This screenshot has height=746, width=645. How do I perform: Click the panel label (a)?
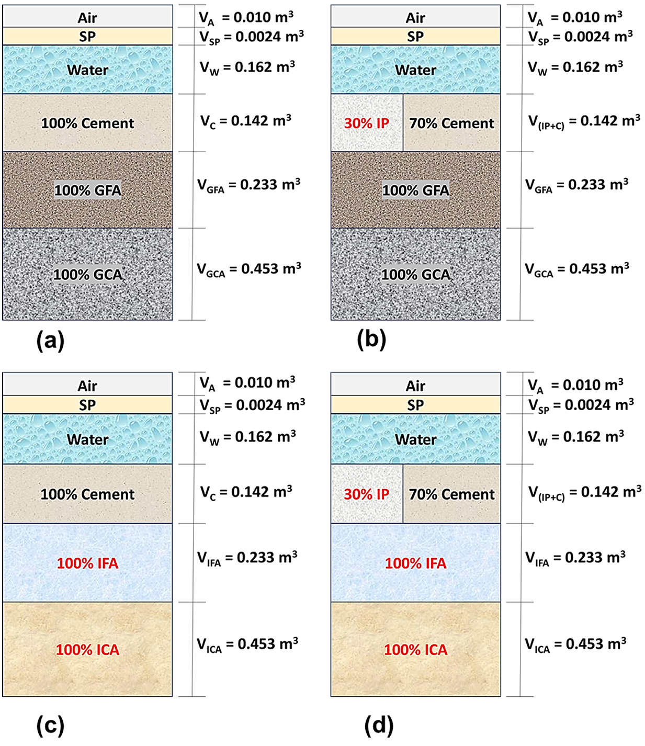pyautogui.click(x=51, y=341)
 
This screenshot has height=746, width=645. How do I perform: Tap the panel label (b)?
pyautogui.click(x=371, y=340)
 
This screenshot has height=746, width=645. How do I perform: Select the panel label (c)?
pyautogui.click(x=51, y=725)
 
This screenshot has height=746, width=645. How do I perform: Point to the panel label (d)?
pyautogui.click(x=379, y=725)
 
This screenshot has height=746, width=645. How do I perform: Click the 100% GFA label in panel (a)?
pyautogui.click(x=88, y=190)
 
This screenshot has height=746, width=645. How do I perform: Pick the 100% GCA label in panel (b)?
pyautogui.click(x=416, y=275)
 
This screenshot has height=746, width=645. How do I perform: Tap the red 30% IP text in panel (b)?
pyautogui.click(x=367, y=123)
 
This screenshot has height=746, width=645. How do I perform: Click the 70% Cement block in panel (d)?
pyautogui.click(x=451, y=494)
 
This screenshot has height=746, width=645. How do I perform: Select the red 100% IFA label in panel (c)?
pyautogui.click(x=88, y=563)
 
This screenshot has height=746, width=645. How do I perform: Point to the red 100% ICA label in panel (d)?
pyautogui.click(x=416, y=650)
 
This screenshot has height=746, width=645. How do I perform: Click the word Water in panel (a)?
pyautogui.click(x=88, y=70)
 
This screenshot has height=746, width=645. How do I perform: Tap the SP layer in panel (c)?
pyautogui.click(x=87, y=405)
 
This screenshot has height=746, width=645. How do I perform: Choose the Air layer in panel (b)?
pyautogui.click(x=415, y=18)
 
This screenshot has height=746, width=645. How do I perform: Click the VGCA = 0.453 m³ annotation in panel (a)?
pyautogui.click(x=249, y=269)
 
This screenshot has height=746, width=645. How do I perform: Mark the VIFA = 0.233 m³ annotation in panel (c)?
pyautogui.click(x=247, y=558)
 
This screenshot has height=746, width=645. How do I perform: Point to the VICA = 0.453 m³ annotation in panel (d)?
pyautogui.click(x=576, y=645)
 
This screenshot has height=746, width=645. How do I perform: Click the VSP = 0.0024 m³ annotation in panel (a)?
pyautogui.click(x=252, y=37)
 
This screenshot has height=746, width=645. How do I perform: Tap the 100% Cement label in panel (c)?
pyautogui.click(x=88, y=494)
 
